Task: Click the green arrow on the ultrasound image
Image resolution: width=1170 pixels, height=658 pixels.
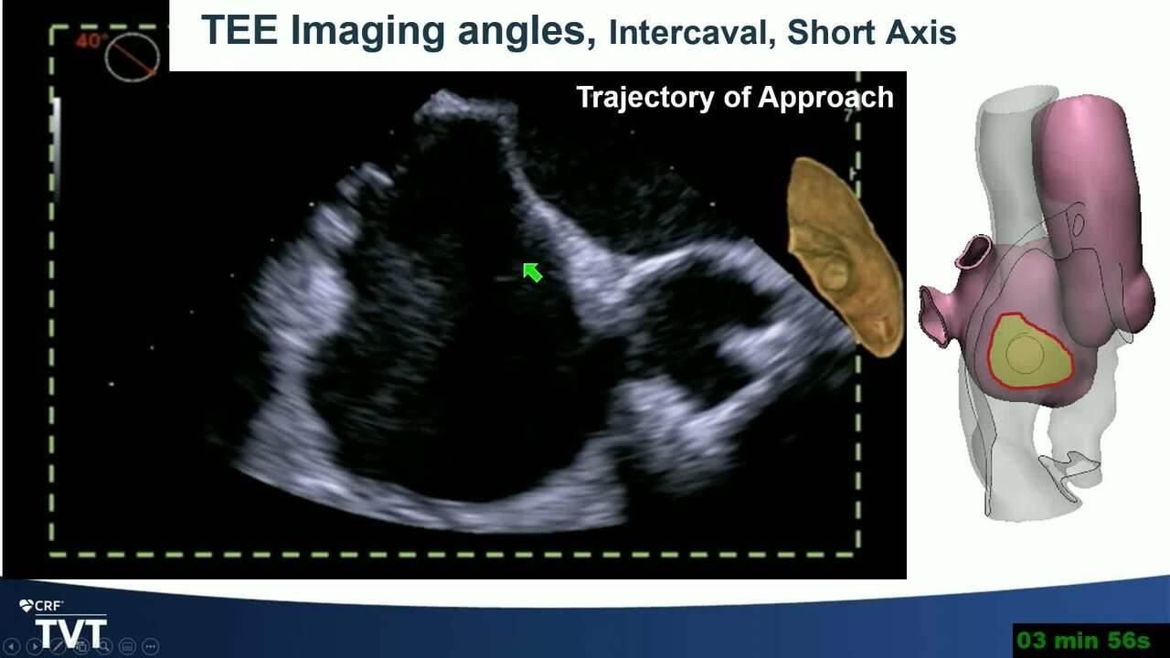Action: pyautogui.click(x=533, y=272)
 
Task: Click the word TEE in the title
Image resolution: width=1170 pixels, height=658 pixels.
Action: pyautogui.click(x=239, y=30)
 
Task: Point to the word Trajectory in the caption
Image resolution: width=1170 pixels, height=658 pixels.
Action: pyautogui.click(x=645, y=98)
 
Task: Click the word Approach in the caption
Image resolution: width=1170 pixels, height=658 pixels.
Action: pyautogui.click(x=825, y=98)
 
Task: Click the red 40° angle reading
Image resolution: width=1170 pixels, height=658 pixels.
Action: pyautogui.click(x=88, y=41)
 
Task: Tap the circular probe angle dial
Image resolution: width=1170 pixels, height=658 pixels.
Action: pyautogui.click(x=132, y=57)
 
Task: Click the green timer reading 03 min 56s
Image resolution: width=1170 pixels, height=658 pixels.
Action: pyautogui.click(x=1084, y=640)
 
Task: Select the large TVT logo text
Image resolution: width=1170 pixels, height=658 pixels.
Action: pyautogui.click(x=71, y=633)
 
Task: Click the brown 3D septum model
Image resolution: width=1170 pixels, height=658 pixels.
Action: pyautogui.click(x=843, y=257)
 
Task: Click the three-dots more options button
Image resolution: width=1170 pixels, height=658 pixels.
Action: pyautogui.click(x=151, y=646)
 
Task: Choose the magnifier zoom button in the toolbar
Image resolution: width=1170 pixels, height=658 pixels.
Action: pyautogui.click(x=104, y=646)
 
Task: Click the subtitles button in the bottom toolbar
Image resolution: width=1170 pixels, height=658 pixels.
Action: pyautogui.click(x=127, y=646)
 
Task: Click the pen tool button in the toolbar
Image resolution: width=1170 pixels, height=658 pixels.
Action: pyautogui.click(x=58, y=646)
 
